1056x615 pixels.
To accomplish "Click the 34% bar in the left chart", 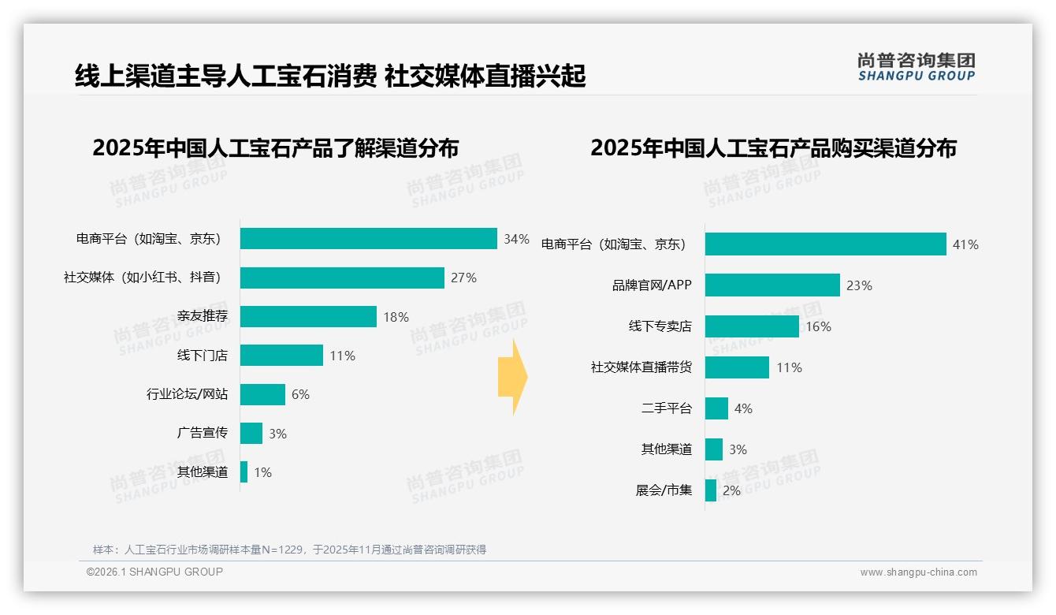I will tap(368, 239).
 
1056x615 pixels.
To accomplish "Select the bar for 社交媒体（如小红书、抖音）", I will tap(342, 278).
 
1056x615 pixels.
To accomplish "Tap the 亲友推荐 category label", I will tap(202, 317).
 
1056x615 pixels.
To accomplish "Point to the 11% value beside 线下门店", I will tap(342, 356).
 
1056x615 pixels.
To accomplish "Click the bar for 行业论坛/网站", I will tap(262, 394).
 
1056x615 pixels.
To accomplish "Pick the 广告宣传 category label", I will tap(202, 434).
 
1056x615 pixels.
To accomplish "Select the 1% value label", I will tap(262, 472).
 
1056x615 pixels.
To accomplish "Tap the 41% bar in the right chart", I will tap(825, 244).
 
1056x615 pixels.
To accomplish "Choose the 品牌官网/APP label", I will tap(652, 285).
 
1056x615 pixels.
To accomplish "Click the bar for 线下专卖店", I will tap(752, 326).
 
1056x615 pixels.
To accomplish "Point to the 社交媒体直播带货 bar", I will tap(737, 367).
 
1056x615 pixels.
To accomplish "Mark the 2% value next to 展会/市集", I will tap(731, 490).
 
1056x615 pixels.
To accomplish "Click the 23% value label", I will tap(859, 285).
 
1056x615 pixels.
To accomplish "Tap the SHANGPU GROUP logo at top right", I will tap(916, 67).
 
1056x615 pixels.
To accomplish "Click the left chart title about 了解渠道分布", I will tap(275, 148).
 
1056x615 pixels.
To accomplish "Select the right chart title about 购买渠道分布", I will tap(773, 148).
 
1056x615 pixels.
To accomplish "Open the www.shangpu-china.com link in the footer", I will tap(918, 572).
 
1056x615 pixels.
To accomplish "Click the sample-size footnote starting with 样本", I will tap(289, 550).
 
